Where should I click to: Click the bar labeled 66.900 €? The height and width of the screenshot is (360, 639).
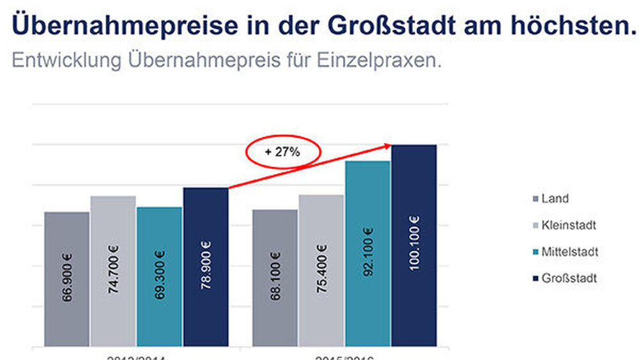point(66,279)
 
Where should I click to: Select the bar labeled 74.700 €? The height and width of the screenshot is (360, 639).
point(113,271)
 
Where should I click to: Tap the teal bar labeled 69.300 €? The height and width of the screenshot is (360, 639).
point(159,277)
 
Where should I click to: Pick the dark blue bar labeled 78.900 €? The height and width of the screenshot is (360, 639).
point(205,267)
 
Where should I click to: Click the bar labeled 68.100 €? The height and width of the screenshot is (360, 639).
point(275,278)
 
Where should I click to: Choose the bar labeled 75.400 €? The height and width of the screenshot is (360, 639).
point(321,270)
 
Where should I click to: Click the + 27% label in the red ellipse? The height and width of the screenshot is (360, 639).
point(283,152)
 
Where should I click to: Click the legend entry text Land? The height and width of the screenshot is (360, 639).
point(555,199)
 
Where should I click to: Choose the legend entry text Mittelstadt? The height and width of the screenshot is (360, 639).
point(569,252)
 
